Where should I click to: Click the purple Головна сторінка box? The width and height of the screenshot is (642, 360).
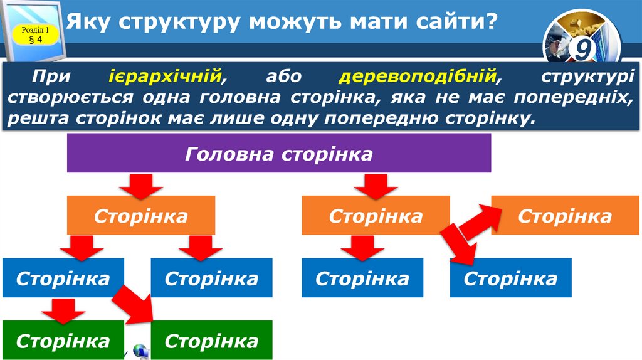[278, 153]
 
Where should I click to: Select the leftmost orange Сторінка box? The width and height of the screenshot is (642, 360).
[141, 215]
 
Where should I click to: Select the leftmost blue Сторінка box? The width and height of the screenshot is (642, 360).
[63, 278]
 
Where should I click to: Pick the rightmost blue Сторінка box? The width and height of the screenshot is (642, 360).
[510, 278]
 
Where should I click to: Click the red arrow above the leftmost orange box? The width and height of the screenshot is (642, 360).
[141, 184]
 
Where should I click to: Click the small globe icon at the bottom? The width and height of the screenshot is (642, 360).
[140, 352]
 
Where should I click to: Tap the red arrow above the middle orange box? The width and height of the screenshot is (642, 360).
[375, 184]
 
